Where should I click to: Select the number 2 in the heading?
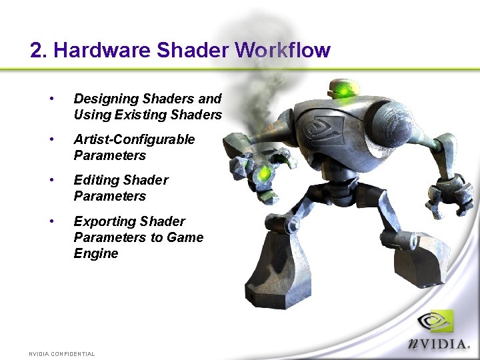click(37, 51)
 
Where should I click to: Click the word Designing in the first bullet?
click(101, 99)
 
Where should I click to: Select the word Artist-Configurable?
click(134, 139)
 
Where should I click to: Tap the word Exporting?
click(100, 221)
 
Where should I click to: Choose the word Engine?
click(95, 253)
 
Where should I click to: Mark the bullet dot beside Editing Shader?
click(51, 180)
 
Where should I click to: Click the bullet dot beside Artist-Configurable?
click(51, 139)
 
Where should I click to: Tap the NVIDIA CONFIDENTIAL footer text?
click(62, 354)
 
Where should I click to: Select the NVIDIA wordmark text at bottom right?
click(439, 345)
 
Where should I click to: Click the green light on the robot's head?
click(345, 88)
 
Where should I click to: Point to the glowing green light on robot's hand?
click(265, 174)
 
